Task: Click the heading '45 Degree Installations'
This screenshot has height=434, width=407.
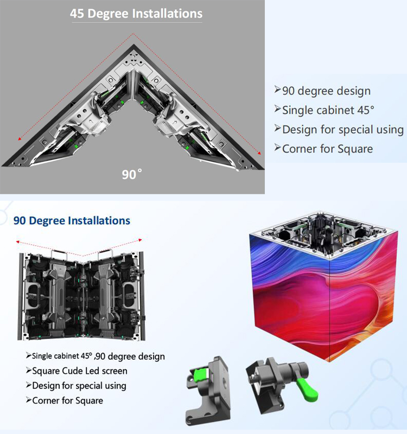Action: pyautogui.click(x=136, y=14)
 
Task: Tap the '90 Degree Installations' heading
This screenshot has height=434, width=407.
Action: pyautogui.click(x=72, y=221)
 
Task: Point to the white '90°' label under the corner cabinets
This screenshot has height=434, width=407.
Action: pyautogui.click(x=132, y=174)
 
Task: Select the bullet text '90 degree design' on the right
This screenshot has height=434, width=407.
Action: pyautogui.click(x=326, y=91)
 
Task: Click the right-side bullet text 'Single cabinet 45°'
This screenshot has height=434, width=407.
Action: pyautogui.click(x=328, y=110)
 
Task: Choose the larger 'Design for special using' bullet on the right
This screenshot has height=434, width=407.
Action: pyautogui.click(x=343, y=130)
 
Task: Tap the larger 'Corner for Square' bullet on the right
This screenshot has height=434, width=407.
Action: pyautogui.click(x=328, y=149)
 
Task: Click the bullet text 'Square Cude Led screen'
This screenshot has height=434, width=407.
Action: pyautogui.click(x=80, y=371)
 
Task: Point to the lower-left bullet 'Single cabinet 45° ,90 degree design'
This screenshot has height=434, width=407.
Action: pyautogui.click(x=98, y=356)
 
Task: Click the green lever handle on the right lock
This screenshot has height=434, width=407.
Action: pyautogui.click(x=307, y=389)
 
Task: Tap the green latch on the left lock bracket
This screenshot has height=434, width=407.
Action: pyautogui.click(x=201, y=374)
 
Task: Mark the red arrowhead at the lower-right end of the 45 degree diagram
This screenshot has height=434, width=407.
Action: pyautogui.click(x=259, y=153)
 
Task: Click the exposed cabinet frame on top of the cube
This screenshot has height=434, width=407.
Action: pyautogui.click(x=323, y=235)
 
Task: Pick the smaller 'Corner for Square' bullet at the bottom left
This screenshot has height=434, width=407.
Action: pyautogui.click(x=67, y=400)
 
